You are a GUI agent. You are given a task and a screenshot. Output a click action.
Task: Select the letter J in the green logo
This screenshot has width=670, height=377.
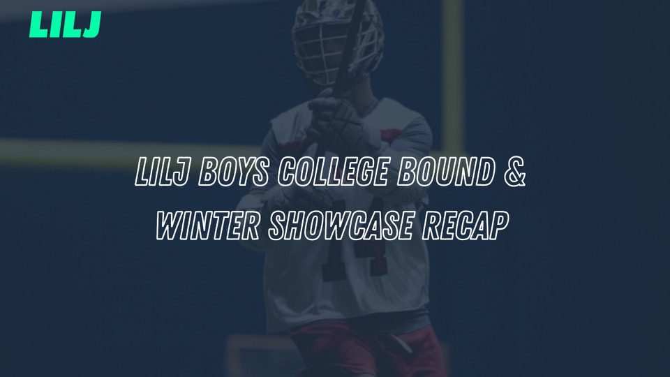pyautogui.click(x=91, y=25)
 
